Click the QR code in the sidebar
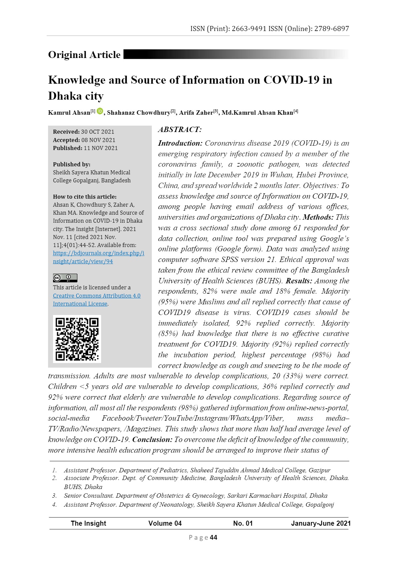click(x=77, y=339)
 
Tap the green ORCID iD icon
click(x=100, y=111)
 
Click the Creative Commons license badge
click(x=65, y=278)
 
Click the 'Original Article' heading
click(x=84, y=55)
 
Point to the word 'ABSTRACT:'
click(x=180, y=130)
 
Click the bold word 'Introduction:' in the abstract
click(x=180, y=143)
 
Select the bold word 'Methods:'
click(x=318, y=217)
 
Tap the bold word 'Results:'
click(x=299, y=281)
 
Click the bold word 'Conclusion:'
click(x=152, y=440)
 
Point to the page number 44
click(x=214, y=537)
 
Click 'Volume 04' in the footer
click(x=165, y=523)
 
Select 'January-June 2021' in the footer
click(x=321, y=523)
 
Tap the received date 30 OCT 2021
click(x=97, y=132)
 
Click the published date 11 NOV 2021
click(x=100, y=148)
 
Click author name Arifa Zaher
click(x=196, y=113)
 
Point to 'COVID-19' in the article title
click(x=291, y=80)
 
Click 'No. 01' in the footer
click(x=243, y=523)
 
